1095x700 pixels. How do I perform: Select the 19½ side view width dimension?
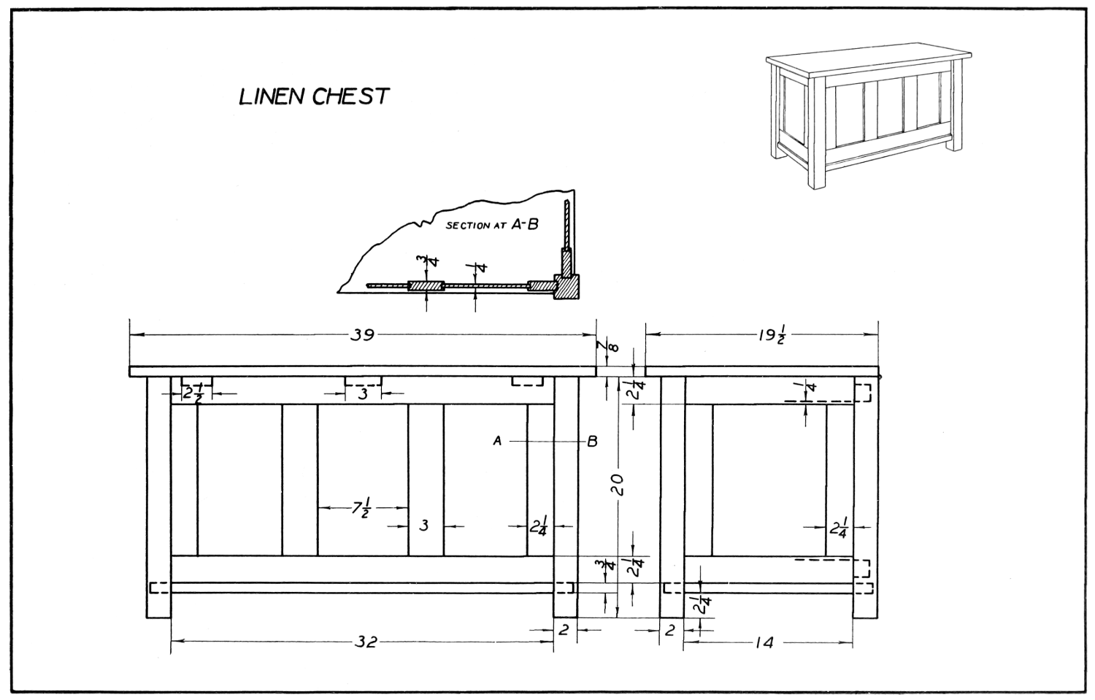point(770,336)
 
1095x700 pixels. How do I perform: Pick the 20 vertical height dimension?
point(618,484)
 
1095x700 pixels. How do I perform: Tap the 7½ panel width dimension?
point(361,507)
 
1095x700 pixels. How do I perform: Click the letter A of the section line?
point(497,441)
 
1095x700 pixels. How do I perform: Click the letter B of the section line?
point(592,441)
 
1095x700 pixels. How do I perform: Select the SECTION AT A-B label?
point(491,225)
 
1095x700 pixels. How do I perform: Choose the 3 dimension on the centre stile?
point(424,525)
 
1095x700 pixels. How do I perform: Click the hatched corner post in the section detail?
point(566,286)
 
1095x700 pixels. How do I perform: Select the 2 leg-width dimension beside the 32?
point(564,630)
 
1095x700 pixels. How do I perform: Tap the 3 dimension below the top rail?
point(363,394)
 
